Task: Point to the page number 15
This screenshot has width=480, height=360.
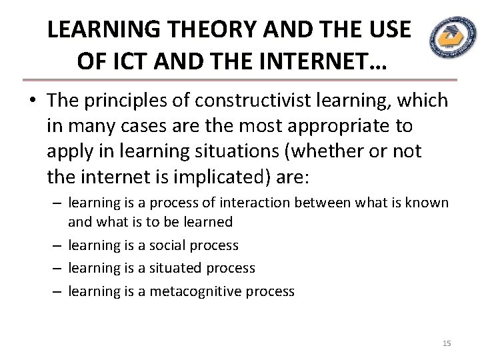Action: pyautogui.click(x=447, y=343)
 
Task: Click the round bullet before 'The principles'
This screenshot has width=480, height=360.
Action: pyautogui.click(x=33, y=102)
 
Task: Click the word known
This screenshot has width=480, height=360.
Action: pyautogui.click(x=430, y=202)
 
